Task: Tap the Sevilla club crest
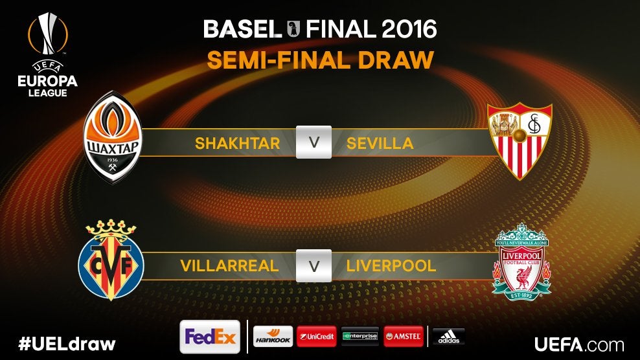(520, 141)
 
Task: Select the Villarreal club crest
(111, 262)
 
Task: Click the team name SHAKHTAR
(237, 143)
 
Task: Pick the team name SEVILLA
(380, 143)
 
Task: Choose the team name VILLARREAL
(229, 266)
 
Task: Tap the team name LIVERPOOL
(391, 266)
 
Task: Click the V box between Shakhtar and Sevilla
(314, 142)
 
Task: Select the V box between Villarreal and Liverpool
(314, 265)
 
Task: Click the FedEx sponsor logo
(210, 337)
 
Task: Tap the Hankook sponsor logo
(273, 337)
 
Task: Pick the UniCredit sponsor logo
(317, 337)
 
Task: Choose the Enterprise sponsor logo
(360, 337)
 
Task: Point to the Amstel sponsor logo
(404, 337)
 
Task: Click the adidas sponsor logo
(448, 337)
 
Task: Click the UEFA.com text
(579, 344)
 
